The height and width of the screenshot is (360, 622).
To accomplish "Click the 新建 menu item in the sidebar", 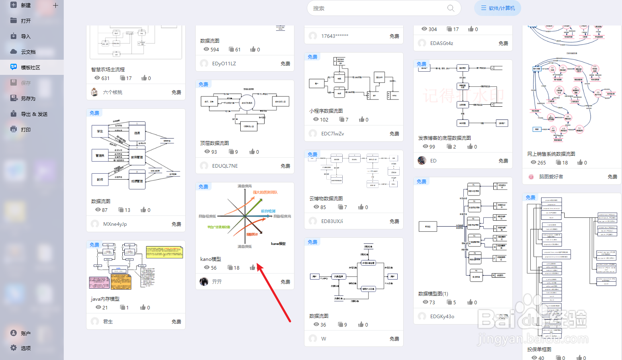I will point(26,5).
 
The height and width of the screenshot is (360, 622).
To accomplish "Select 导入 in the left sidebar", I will point(26,36).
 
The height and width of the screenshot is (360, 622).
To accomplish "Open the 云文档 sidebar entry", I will point(28,52).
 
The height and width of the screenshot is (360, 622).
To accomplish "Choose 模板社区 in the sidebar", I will point(30,67).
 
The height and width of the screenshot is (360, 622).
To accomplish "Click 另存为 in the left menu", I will point(28,98).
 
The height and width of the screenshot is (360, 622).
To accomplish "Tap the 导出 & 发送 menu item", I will point(34,114).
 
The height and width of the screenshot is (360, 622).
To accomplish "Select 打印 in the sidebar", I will point(26,129).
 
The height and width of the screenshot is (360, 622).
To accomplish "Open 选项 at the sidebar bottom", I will point(26,348).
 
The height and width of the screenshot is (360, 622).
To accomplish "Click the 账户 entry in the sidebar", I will point(26,333).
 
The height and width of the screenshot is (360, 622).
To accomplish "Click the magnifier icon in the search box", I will point(451,8).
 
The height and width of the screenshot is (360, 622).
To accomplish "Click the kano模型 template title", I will point(210,259).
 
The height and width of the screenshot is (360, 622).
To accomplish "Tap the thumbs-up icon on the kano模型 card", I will point(252,268).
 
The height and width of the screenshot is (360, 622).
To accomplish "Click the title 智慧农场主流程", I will point(108,69).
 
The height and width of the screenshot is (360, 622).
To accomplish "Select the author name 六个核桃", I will point(113,92).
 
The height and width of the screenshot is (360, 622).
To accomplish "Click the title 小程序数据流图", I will point(326,111).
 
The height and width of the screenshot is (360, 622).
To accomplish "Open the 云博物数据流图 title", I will point(326,198).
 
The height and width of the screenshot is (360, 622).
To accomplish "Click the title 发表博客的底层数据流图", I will point(444,138).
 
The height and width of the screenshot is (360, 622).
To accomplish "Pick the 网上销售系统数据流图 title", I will point(551,154).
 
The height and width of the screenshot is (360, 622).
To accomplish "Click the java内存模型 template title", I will point(105,299).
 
